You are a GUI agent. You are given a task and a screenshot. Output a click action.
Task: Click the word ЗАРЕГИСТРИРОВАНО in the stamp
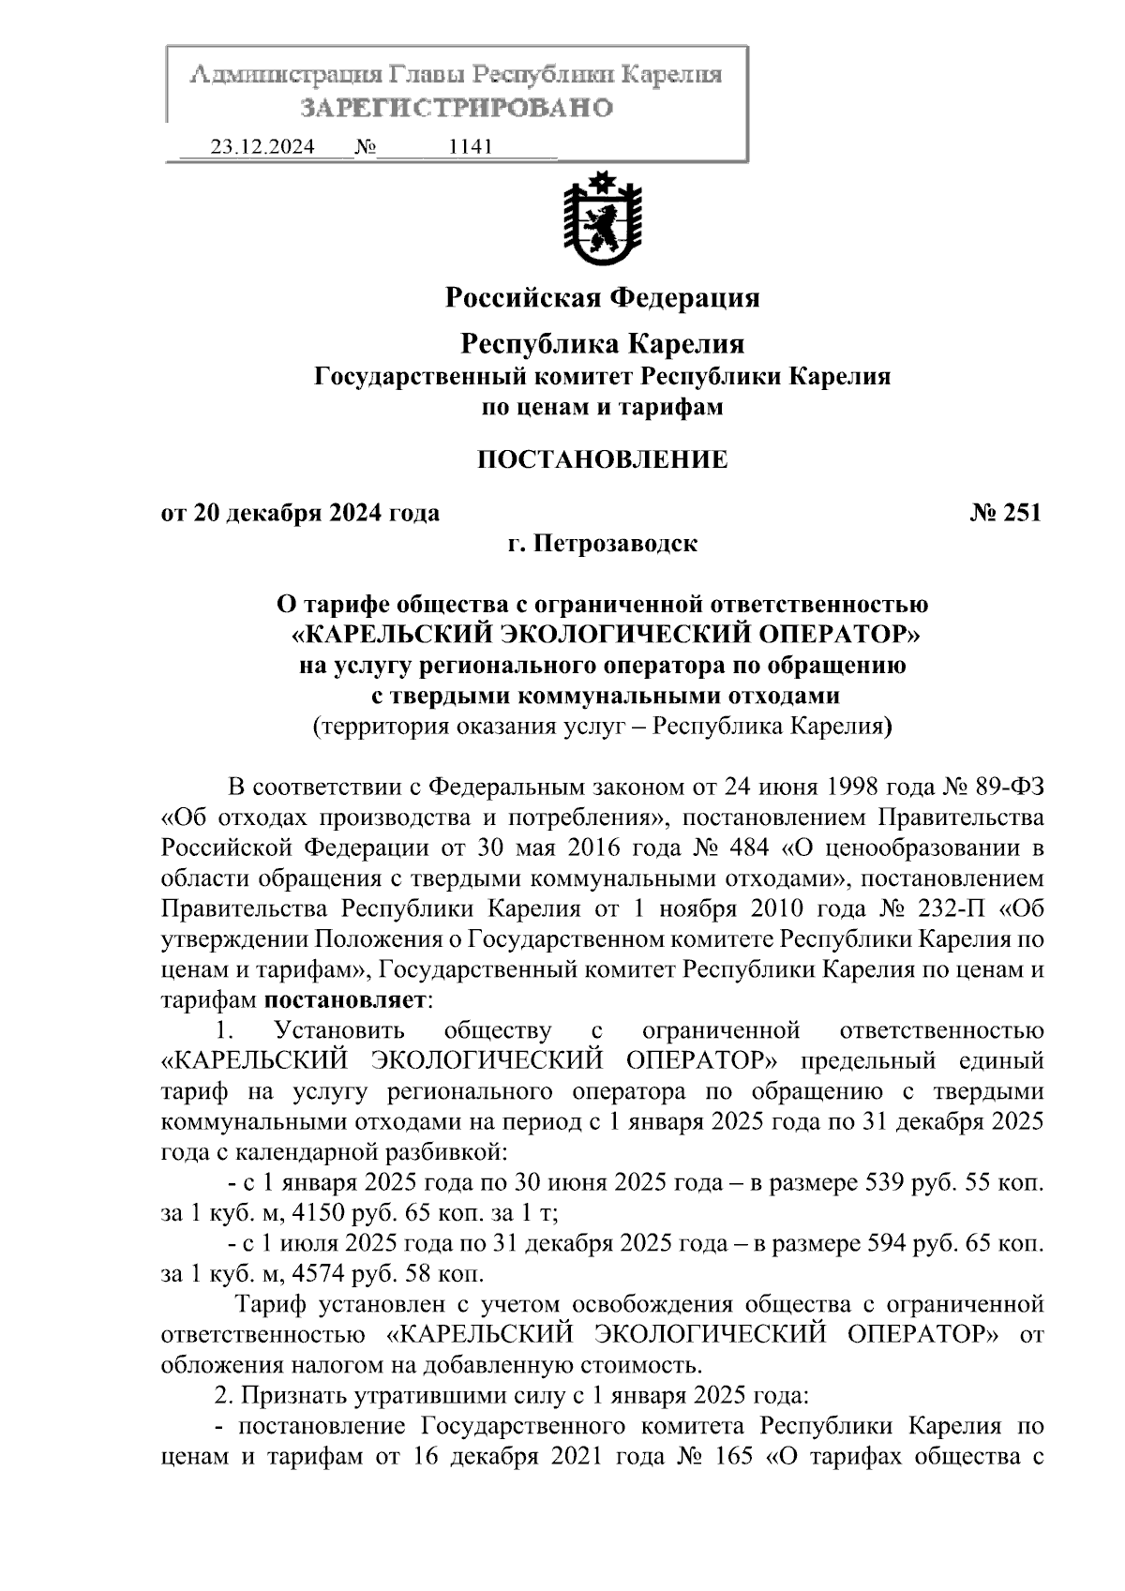point(456,108)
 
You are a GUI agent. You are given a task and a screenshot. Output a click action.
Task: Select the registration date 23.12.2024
point(262,147)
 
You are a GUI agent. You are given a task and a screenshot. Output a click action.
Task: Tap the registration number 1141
point(472,147)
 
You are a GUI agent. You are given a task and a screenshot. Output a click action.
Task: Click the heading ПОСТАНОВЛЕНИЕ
point(602,459)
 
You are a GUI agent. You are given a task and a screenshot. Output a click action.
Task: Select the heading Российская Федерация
point(602,298)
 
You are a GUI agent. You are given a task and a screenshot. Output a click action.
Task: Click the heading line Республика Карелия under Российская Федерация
point(602,344)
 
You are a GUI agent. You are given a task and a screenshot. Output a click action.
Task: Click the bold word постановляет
point(351,1000)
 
